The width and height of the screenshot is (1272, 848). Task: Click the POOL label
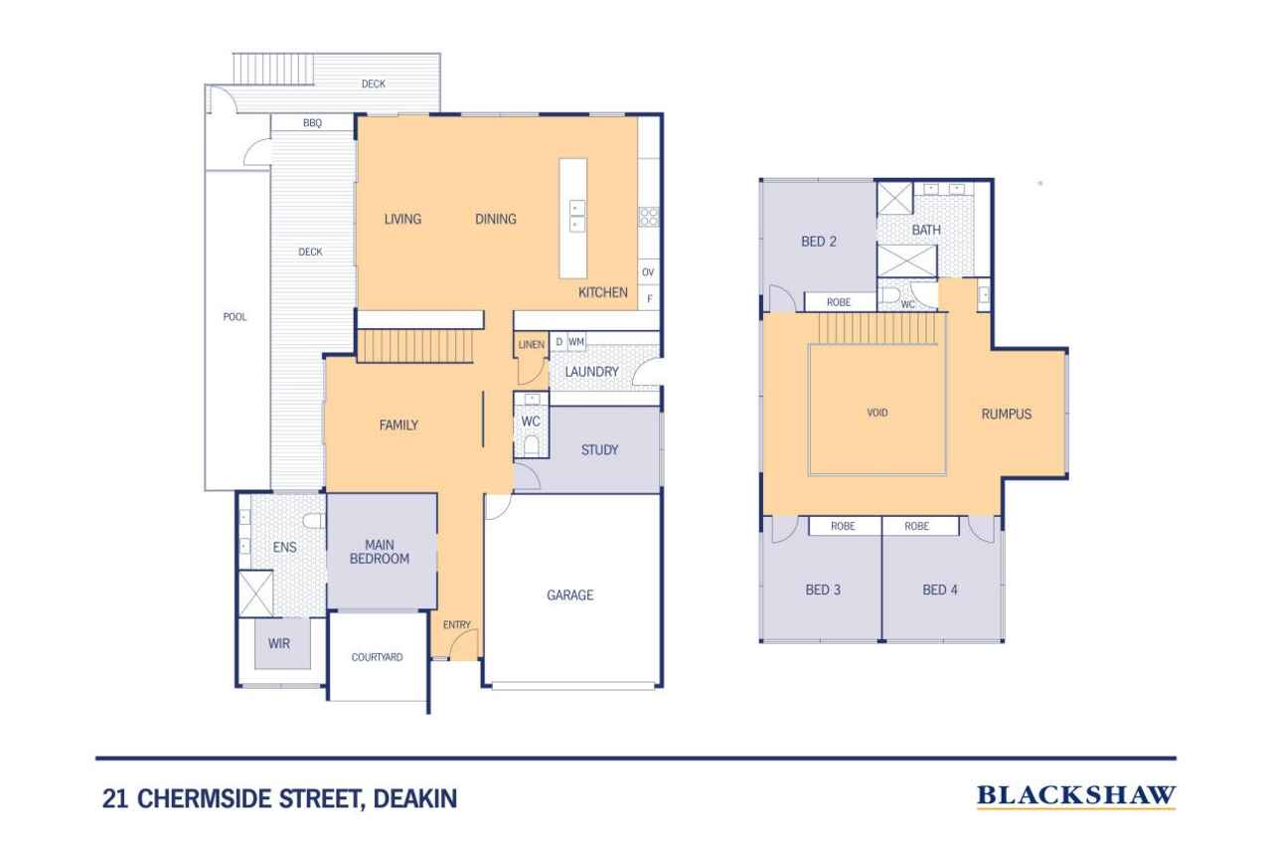click(235, 317)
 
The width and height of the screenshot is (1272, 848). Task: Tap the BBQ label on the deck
click(312, 122)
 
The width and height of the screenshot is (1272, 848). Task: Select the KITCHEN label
click(603, 292)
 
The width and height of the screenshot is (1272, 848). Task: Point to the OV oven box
click(648, 272)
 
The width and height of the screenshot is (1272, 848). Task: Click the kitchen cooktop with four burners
click(649, 217)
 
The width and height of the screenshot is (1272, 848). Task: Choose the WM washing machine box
click(575, 342)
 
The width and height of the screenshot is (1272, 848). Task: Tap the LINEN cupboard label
click(532, 345)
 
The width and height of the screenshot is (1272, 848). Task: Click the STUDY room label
click(599, 450)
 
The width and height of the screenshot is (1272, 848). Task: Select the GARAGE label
click(570, 595)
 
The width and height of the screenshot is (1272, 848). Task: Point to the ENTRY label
click(456, 624)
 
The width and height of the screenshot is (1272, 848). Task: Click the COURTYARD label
click(377, 657)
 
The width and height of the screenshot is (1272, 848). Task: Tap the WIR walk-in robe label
click(279, 643)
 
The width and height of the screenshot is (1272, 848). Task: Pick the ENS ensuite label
click(284, 547)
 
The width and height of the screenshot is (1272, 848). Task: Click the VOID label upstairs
click(877, 413)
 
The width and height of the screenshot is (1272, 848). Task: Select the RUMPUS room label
click(1007, 415)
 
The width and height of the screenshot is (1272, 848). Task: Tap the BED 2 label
click(818, 242)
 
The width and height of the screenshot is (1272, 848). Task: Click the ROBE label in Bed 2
click(839, 302)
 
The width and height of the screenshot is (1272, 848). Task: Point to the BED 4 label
click(940, 591)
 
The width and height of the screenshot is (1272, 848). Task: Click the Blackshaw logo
click(1076, 796)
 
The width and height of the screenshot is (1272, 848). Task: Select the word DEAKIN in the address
click(415, 799)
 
